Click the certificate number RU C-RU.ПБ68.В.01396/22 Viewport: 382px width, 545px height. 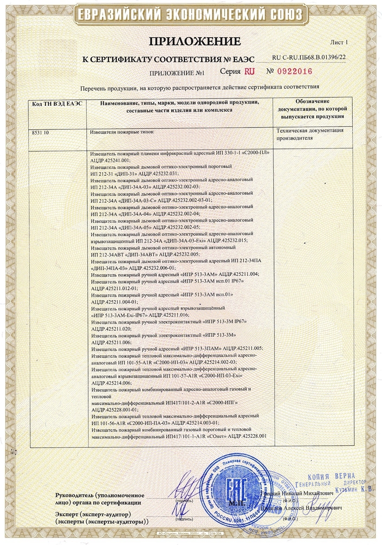[x=309, y=57]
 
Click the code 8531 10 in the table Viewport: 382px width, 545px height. [x=40, y=132]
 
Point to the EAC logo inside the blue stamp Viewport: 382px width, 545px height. [x=232, y=487]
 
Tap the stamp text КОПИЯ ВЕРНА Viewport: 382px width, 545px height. [x=331, y=476]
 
